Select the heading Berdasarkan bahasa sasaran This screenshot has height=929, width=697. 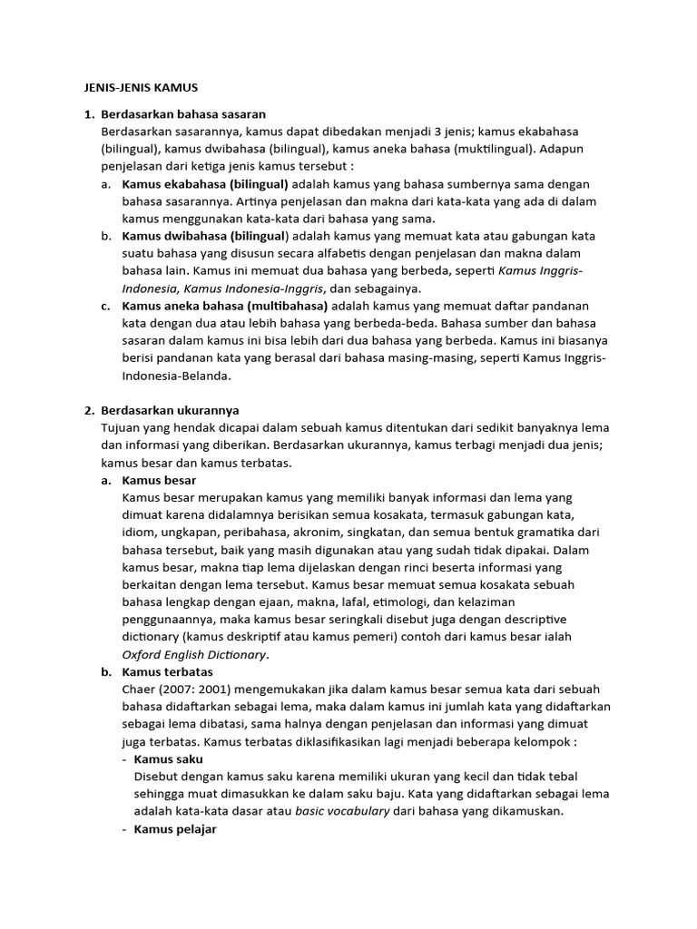(184, 114)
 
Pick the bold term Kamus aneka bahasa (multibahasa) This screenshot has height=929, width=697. (224, 307)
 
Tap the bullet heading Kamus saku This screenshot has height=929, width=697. (168, 759)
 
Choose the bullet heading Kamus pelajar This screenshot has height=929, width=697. (175, 829)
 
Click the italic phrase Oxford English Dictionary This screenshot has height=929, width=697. (194, 654)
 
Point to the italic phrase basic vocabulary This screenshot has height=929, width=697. (342, 811)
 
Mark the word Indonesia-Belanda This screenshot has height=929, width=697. (176, 376)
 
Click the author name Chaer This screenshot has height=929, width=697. (138, 689)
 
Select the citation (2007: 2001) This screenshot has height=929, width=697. (197, 689)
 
